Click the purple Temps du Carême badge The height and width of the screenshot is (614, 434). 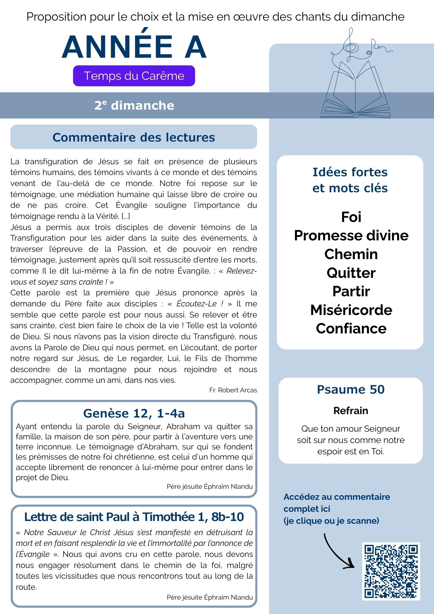(134, 76)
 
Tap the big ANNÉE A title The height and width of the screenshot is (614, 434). (134, 47)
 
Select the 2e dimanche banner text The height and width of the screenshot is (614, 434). (134, 105)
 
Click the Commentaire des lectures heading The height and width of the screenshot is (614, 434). (134, 137)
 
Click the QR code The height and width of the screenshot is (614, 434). (391, 571)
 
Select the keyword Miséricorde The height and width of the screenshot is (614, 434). (351, 310)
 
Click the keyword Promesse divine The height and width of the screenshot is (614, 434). (351, 235)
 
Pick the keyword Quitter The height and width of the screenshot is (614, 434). (351, 273)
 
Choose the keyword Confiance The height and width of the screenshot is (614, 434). (351, 328)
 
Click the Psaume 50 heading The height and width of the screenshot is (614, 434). (351, 389)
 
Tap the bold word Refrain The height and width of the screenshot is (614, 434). (351, 410)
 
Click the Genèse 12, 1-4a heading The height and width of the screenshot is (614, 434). (134, 413)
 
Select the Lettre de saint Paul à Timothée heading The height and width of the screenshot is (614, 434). (134, 517)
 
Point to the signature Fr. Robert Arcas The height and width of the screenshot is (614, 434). (233, 390)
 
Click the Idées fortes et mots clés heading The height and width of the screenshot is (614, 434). (350, 180)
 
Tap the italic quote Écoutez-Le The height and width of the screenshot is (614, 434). (200, 304)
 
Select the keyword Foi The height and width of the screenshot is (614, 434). (351, 217)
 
